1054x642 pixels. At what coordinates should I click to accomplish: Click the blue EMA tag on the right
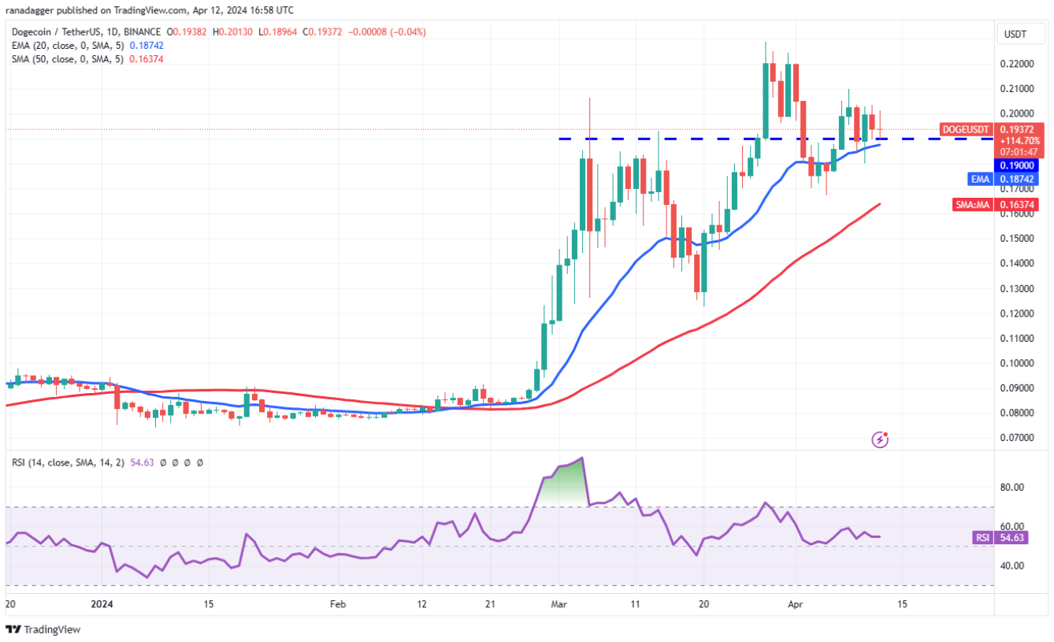(979, 179)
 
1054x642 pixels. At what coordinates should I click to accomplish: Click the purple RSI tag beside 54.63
(982, 537)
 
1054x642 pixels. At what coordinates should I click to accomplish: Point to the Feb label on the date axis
(337, 604)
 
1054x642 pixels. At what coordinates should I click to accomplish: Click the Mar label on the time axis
(559, 604)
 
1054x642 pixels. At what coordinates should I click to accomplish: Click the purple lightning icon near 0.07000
(881, 439)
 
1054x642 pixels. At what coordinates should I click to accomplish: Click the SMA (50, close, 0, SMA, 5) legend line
(67, 59)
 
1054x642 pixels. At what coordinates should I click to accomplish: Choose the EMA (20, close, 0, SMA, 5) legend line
(67, 46)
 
